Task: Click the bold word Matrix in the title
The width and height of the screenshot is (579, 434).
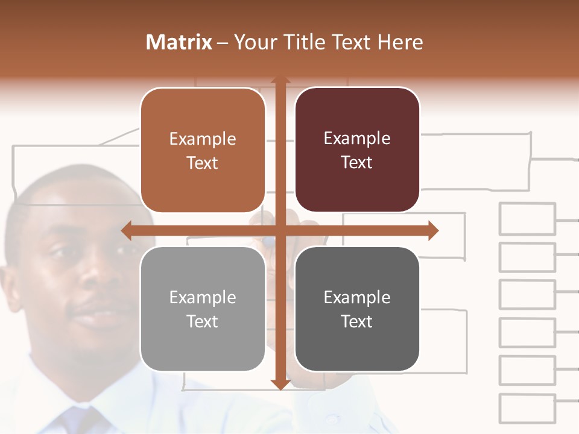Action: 179,42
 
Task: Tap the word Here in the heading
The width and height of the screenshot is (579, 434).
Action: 400,42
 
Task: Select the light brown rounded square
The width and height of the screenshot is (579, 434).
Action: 203,150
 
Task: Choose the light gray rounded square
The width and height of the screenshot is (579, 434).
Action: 203,309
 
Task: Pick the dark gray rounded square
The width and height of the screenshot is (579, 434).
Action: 357,309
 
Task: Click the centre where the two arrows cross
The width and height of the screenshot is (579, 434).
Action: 280,231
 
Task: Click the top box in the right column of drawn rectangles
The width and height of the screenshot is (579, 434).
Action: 527,219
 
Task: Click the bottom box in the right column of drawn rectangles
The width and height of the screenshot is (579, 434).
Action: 527,409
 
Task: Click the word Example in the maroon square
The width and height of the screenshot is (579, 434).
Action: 357,138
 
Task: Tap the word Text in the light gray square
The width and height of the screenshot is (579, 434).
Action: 203,321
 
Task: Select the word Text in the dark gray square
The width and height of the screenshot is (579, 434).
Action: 357,321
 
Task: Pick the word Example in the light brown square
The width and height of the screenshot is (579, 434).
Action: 203,139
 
